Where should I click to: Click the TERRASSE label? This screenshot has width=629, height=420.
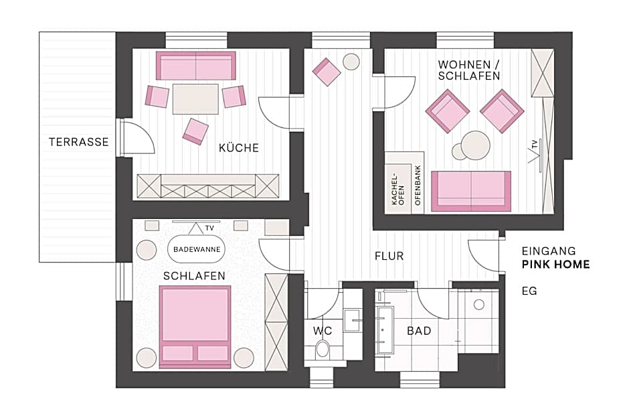point(78,142)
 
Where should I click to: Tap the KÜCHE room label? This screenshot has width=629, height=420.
point(238,148)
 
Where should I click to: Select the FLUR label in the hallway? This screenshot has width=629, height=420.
point(389,256)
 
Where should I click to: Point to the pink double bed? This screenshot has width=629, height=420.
point(195,326)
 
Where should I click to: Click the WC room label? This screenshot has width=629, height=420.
point(323,330)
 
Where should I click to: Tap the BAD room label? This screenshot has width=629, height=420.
point(419,330)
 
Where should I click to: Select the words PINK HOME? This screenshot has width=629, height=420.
point(555,265)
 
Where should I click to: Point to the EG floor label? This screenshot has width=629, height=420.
point(529,291)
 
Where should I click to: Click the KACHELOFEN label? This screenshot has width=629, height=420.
point(397,192)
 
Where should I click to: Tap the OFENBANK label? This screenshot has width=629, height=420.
point(418,192)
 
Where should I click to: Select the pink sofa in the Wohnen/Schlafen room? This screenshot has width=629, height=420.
point(471,191)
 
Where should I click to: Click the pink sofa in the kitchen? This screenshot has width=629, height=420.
point(196,66)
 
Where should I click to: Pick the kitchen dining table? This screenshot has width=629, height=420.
point(195,98)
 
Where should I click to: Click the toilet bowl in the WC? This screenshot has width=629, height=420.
point(323,349)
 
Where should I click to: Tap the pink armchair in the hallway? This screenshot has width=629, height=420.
point(327,72)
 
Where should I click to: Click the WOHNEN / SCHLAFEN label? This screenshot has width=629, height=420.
point(469,70)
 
